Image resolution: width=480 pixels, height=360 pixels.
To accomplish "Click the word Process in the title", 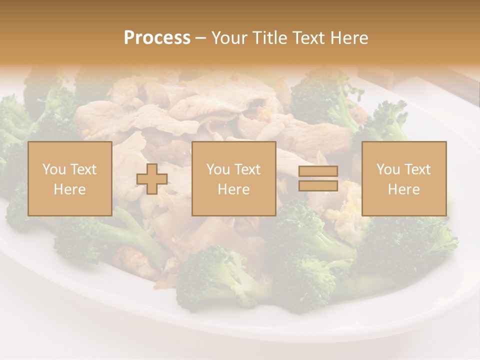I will click(x=157, y=38).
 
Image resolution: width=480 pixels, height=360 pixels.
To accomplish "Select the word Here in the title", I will click(x=350, y=38).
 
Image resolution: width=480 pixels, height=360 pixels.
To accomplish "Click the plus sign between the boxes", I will click(x=152, y=178).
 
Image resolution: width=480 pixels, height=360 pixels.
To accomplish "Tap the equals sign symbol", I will click(x=318, y=178).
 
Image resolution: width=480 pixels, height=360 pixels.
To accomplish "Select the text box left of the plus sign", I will click(x=70, y=178).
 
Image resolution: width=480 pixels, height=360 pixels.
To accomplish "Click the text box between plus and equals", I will click(x=233, y=178).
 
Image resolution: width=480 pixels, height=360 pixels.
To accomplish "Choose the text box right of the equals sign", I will click(x=404, y=178).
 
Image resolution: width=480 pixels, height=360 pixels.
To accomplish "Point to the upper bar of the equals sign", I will click(x=318, y=171).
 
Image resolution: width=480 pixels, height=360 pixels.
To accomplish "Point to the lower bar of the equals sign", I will click(x=318, y=185).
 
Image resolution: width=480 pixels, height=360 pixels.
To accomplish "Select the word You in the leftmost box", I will click(x=53, y=169).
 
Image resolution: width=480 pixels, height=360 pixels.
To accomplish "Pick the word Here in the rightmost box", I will click(x=404, y=189).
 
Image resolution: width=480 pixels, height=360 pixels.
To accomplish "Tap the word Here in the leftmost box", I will click(x=70, y=189).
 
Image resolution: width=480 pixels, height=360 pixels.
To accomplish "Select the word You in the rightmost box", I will click(x=387, y=169).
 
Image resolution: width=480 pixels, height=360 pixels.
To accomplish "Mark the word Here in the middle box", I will click(x=233, y=189).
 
